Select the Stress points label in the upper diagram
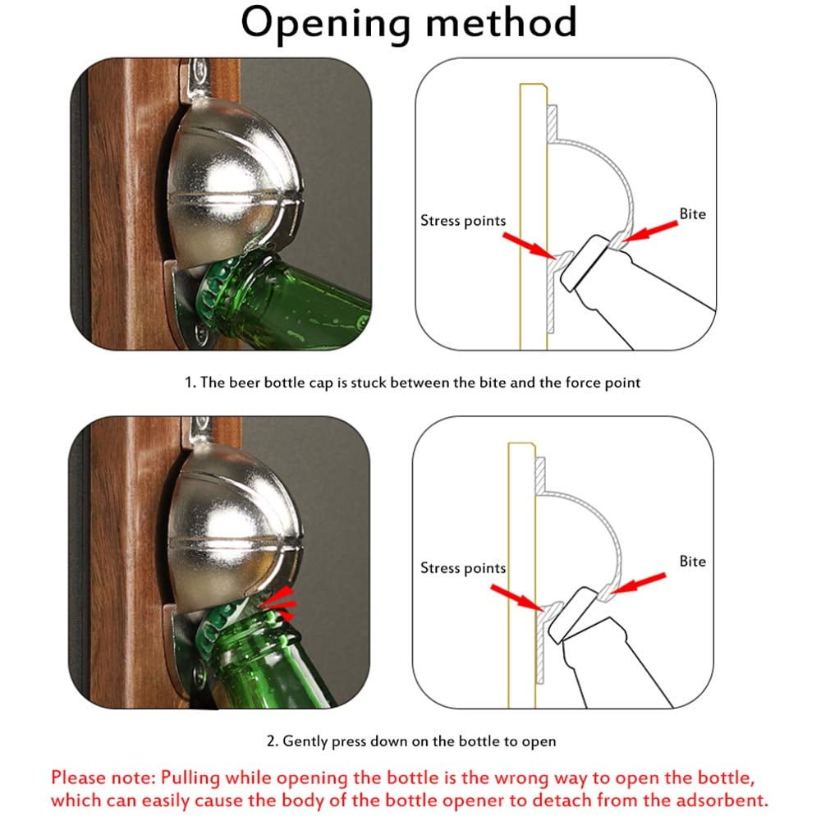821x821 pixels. click(x=463, y=220)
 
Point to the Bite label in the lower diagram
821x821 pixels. click(x=692, y=562)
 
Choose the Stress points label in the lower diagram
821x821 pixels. click(x=463, y=568)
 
